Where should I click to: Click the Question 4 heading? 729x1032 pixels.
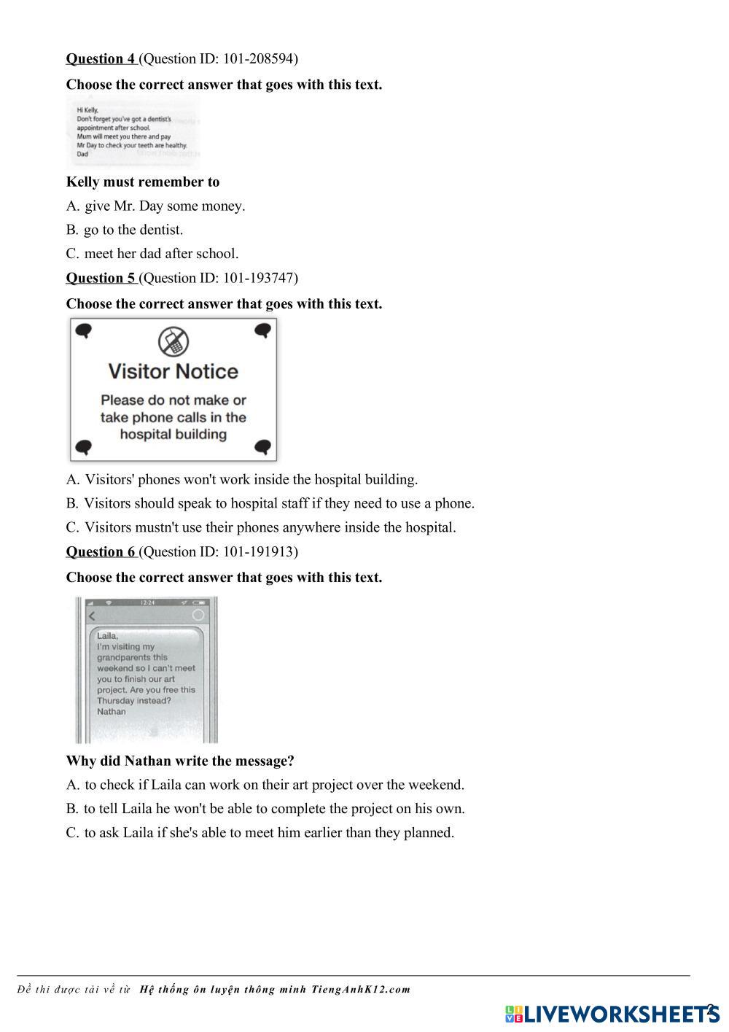tap(101, 59)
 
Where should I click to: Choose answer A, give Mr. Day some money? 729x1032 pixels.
tap(156, 206)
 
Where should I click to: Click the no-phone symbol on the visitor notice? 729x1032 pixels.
tap(174, 341)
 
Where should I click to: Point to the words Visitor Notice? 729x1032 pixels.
tap(174, 371)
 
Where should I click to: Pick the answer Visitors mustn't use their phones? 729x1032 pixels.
tap(261, 527)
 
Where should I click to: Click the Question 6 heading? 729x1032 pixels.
tap(101, 552)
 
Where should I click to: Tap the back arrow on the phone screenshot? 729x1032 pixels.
tap(92, 616)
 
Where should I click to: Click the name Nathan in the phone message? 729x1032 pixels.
tap(112, 712)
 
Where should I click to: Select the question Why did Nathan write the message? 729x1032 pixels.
tap(180, 761)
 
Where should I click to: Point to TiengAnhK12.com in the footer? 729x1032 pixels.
tap(361, 990)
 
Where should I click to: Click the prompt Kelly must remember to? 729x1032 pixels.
tap(143, 182)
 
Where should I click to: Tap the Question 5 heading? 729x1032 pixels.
tap(101, 278)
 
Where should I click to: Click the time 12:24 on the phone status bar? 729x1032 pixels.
tap(147, 602)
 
